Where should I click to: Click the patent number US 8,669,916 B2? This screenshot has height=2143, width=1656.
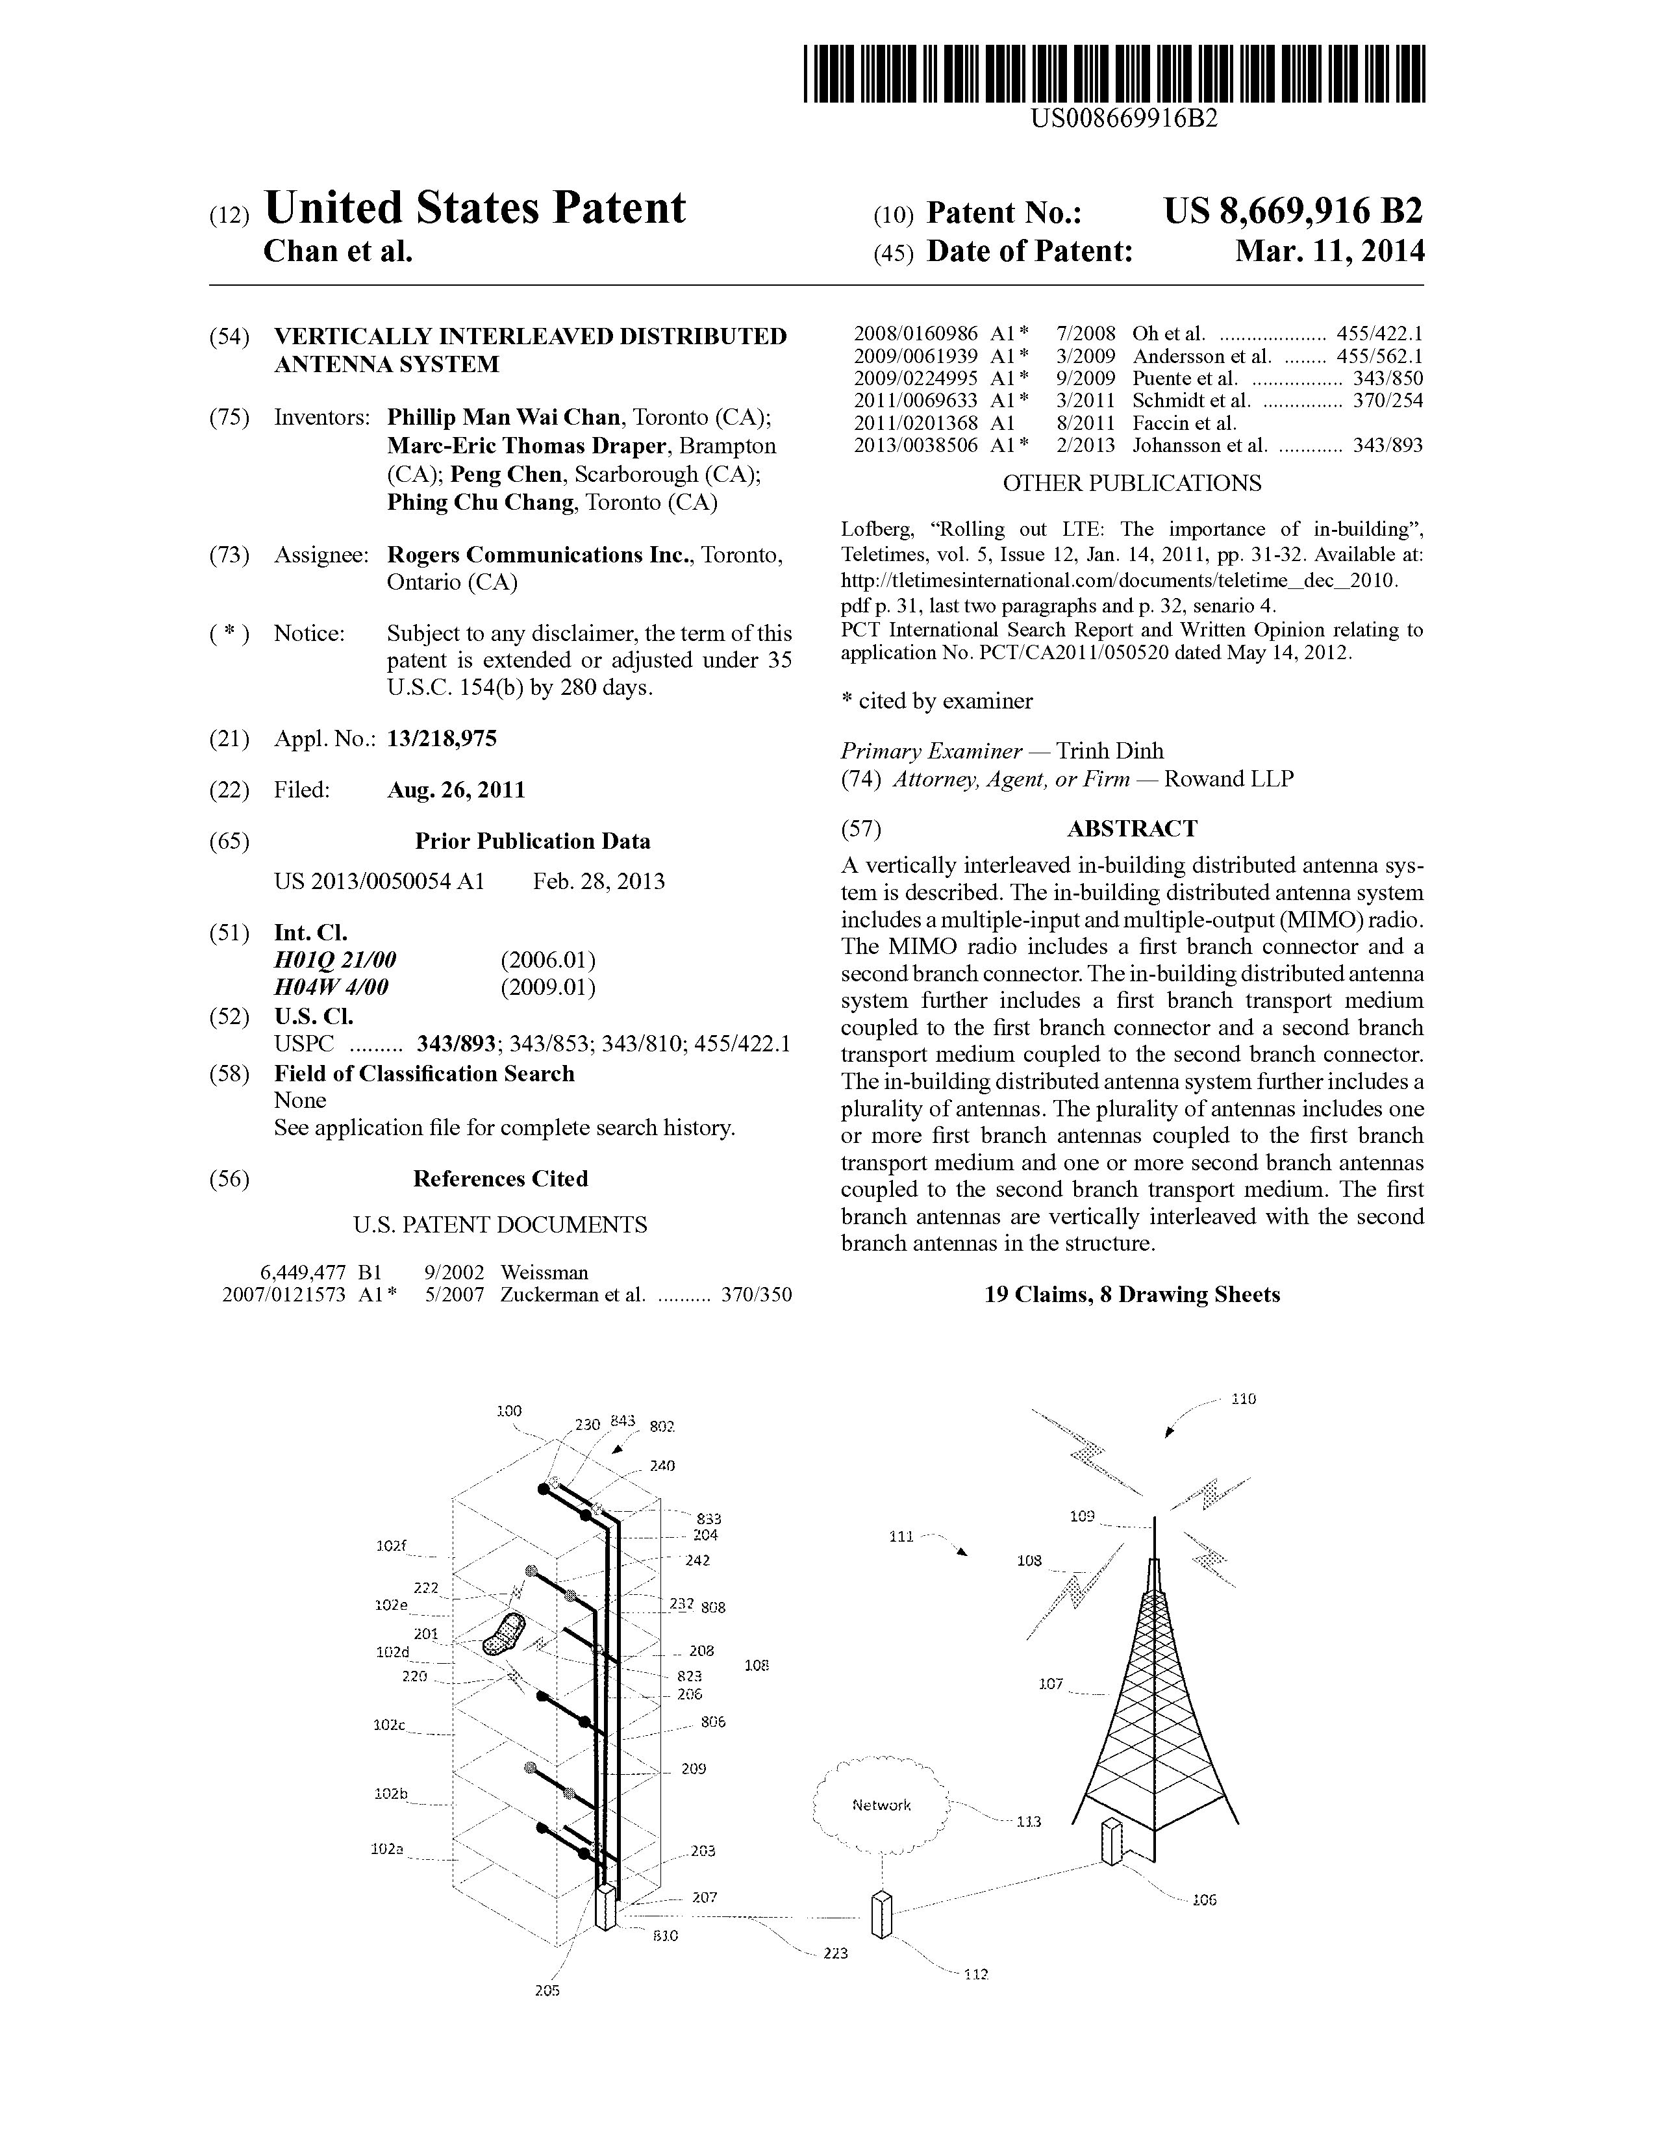(1292, 212)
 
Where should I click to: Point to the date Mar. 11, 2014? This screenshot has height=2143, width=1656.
(1329, 252)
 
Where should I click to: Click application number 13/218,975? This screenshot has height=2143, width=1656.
(442, 739)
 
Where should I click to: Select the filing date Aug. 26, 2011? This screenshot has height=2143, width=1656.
(456, 790)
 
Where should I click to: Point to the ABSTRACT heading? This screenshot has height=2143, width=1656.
(1131, 829)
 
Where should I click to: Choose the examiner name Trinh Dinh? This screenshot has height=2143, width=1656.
(1110, 751)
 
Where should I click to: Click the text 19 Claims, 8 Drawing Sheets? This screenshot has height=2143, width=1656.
(1132, 1296)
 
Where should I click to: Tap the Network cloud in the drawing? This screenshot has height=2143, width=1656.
(881, 1805)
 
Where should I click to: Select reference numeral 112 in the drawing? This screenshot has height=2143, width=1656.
(975, 1974)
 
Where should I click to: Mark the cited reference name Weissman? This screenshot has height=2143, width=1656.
(544, 1273)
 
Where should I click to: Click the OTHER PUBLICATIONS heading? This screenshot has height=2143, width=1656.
(1131, 484)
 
